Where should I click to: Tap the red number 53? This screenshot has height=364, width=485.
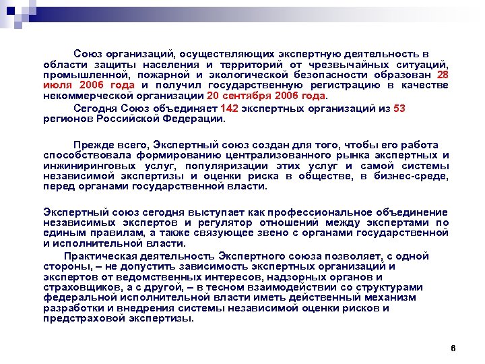click(399, 108)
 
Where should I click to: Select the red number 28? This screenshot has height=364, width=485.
click(443, 75)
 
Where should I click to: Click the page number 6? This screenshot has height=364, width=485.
click(453, 348)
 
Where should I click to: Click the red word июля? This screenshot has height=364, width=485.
click(59, 86)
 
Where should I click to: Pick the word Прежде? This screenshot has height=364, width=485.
click(93, 145)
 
